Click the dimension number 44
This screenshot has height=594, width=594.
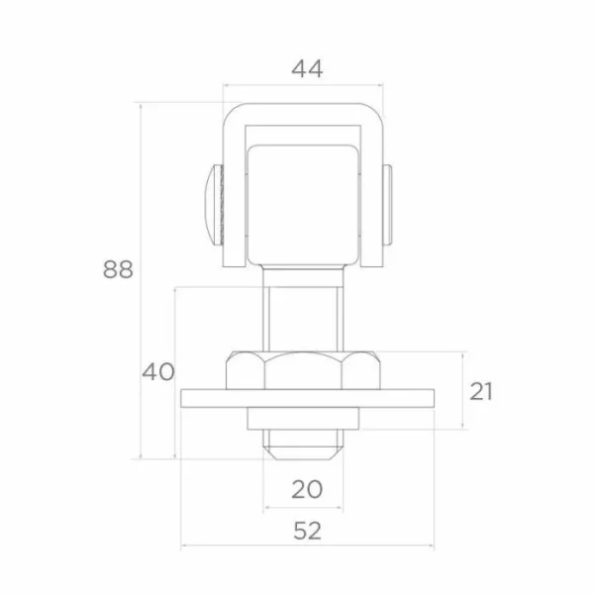[307, 69]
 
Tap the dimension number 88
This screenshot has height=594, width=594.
[118, 269]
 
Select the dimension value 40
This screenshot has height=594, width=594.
[158, 371]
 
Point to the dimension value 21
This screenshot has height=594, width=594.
[481, 391]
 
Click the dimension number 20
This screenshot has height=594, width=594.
[307, 489]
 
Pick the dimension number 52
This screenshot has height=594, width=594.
[307, 531]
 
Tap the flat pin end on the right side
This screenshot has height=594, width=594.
[387, 205]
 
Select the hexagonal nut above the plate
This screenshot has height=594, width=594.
[303, 370]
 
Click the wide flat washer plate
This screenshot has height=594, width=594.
[307, 398]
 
